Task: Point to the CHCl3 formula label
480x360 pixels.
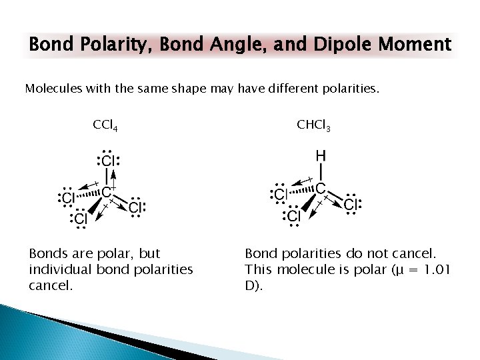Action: coord(313,125)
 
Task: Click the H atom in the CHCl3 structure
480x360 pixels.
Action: coord(321,157)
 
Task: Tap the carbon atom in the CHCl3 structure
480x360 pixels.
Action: coord(321,189)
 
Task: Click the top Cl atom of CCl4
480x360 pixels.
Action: coord(109,161)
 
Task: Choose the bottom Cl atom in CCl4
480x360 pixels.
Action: coord(80,218)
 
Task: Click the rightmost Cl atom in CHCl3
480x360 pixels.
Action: coord(351,203)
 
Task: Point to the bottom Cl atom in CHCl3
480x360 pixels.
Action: coord(294,215)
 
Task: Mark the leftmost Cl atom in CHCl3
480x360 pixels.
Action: coord(280,194)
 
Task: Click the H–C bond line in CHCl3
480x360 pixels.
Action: coord(321,173)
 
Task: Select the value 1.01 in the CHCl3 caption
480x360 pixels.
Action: coord(437,269)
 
